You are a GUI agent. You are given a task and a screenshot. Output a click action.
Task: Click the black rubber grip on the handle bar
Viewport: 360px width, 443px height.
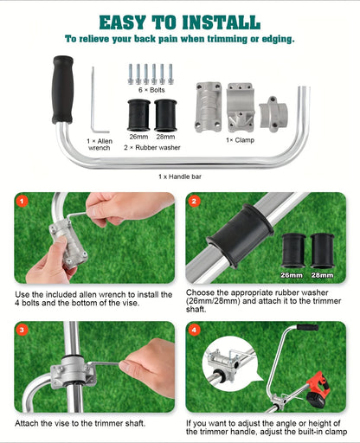(62, 90)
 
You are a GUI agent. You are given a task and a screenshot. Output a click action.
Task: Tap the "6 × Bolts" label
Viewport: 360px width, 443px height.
(151, 90)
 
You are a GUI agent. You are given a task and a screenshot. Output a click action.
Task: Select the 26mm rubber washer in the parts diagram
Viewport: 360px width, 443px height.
(138, 115)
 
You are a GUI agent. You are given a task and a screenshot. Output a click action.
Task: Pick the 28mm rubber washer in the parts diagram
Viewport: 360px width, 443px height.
(165, 115)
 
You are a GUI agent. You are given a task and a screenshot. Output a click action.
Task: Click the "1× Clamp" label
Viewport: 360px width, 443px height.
(240, 140)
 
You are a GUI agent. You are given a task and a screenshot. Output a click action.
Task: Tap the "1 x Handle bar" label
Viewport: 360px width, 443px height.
(180, 177)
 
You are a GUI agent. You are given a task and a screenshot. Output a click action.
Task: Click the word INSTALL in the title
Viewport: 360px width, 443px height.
(222, 22)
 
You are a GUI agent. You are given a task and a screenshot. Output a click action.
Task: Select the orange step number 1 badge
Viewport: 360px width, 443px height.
(22, 201)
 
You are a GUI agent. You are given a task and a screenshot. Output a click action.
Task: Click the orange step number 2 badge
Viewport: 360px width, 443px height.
(194, 201)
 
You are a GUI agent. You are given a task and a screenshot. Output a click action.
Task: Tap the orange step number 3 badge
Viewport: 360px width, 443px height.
(22, 330)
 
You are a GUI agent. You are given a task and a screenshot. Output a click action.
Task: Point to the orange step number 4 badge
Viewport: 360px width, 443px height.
(194, 330)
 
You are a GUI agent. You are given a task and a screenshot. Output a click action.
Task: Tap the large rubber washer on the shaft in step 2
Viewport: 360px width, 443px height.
(240, 235)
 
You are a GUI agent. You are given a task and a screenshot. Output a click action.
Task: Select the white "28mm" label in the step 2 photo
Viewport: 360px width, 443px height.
(322, 275)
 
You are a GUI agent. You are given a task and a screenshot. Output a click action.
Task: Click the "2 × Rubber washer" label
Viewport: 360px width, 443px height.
(152, 148)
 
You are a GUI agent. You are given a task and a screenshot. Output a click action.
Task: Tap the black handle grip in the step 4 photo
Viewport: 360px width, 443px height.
(307, 327)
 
